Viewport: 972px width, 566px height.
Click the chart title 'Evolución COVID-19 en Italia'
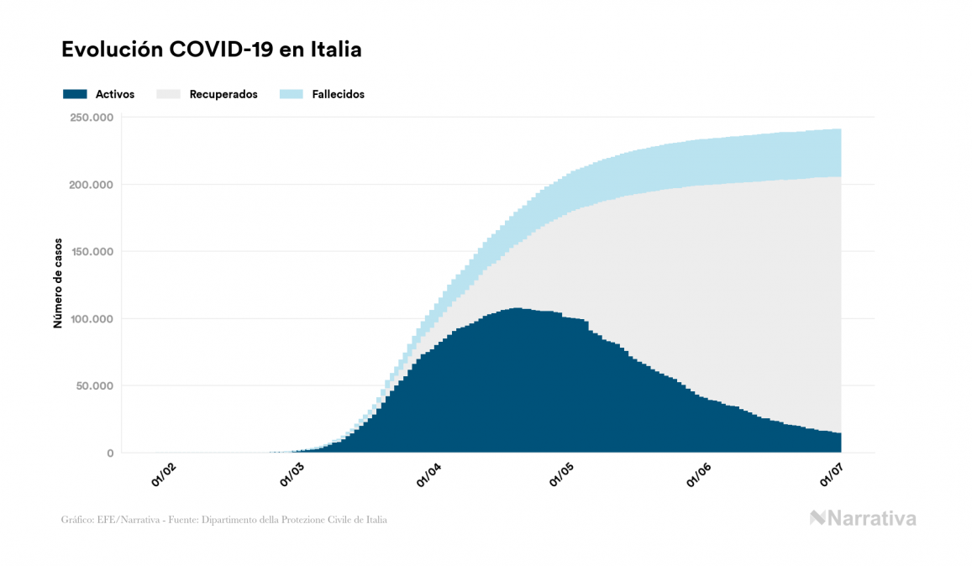point(212,50)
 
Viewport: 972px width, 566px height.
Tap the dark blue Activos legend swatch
point(75,94)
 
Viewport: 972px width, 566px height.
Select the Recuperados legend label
point(223,94)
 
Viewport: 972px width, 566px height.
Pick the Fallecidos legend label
point(338,94)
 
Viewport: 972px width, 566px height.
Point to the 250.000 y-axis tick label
point(92,118)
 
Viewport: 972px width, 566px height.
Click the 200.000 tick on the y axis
point(92,185)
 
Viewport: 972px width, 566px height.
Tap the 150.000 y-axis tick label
point(92,252)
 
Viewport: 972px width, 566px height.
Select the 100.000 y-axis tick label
point(92,319)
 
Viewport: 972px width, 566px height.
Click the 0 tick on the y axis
point(110,453)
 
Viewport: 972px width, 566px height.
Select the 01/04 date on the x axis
point(430,475)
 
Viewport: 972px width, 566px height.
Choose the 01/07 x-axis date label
point(832,475)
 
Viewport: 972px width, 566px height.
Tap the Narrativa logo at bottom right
point(863,518)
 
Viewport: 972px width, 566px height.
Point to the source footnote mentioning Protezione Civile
point(224,520)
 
